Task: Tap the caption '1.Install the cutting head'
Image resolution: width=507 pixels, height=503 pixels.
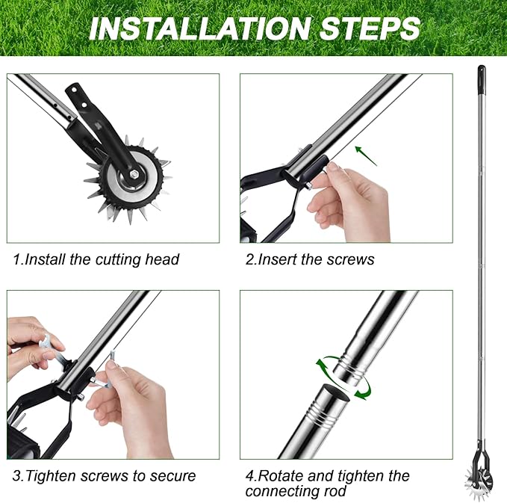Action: pos(96,259)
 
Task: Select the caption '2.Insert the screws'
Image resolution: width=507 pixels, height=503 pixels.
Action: pos(311,259)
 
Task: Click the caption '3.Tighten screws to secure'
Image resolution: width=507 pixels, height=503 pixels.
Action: pos(105,476)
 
